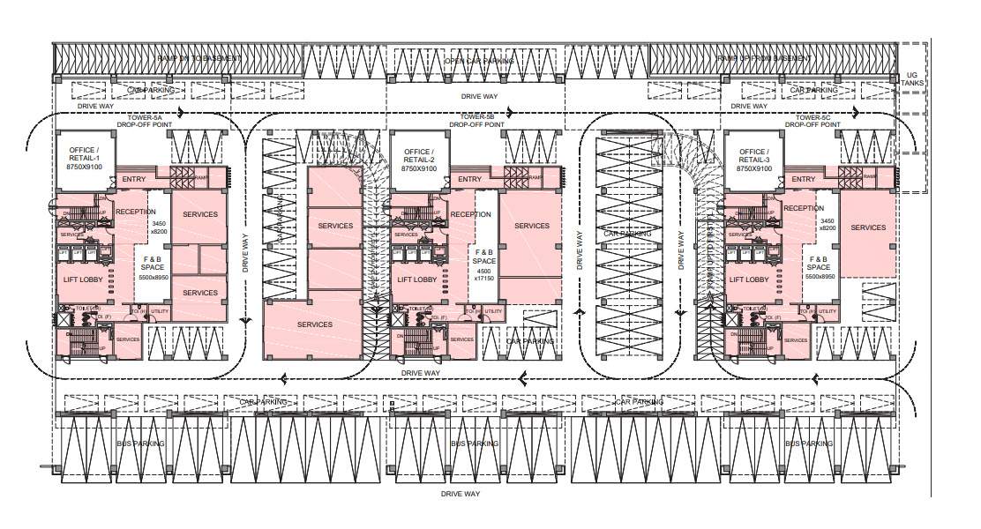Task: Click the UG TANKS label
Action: (x=913, y=80)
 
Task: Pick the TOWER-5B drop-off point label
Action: (x=476, y=121)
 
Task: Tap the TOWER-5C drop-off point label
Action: (x=810, y=121)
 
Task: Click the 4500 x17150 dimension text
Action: (x=483, y=274)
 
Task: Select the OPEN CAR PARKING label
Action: (x=478, y=62)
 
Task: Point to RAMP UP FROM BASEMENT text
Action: (x=764, y=59)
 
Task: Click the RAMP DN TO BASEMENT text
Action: (x=198, y=58)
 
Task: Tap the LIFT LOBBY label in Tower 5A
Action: (x=85, y=279)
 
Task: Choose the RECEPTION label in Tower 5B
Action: (x=470, y=214)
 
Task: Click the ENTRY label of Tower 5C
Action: (x=804, y=180)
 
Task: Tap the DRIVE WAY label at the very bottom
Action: (x=460, y=495)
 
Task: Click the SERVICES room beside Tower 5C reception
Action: (x=868, y=227)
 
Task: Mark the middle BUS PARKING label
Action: (x=475, y=443)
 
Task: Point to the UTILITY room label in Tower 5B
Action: (x=493, y=312)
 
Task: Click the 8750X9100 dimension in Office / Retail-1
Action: (x=84, y=168)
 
